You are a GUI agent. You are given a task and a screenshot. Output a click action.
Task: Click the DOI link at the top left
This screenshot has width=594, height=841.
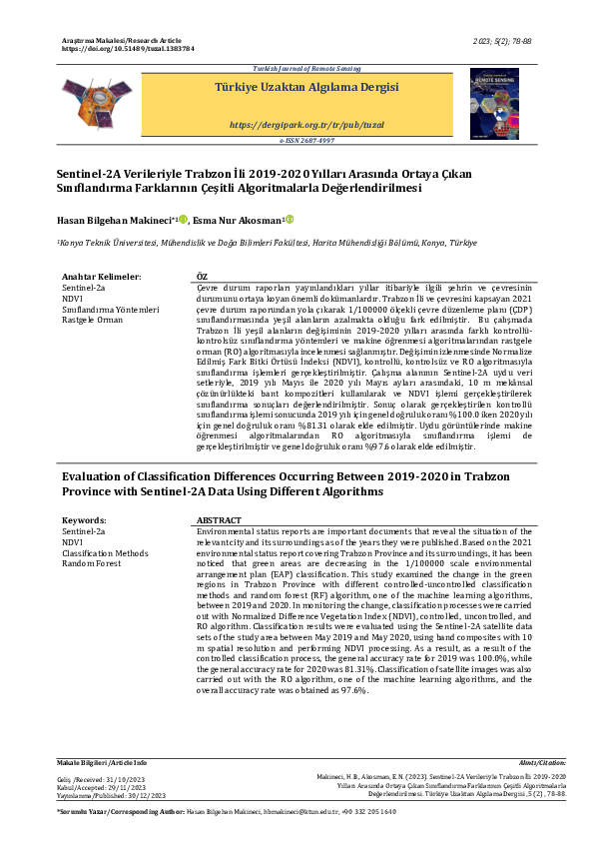coord(128,48)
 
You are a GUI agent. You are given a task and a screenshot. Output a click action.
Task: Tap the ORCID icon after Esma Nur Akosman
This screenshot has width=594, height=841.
coord(290,220)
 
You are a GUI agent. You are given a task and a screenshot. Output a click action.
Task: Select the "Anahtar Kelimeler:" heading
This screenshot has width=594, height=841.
coord(101,275)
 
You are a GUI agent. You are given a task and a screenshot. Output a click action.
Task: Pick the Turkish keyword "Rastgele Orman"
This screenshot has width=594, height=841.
coord(92,320)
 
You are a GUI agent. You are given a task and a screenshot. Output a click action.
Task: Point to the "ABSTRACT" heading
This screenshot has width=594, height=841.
coord(219,520)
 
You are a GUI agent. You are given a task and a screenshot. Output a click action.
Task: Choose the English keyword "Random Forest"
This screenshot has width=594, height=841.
coord(92,563)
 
